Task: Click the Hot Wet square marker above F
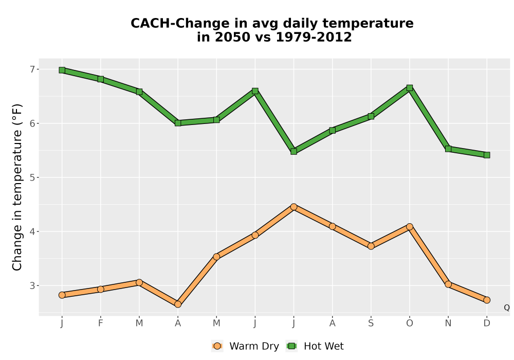pos(101,79)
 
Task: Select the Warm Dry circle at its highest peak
pos(293,207)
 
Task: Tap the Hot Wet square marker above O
pos(410,88)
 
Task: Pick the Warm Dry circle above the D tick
pos(487,300)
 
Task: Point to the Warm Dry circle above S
pos(371,246)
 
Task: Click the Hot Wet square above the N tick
pos(448,149)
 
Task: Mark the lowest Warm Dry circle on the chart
pos(178,304)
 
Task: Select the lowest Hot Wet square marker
pos(487,155)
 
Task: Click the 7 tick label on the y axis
pos(32,69)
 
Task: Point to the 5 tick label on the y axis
pos(32,177)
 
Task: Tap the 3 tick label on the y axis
pos(32,285)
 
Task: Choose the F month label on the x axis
pos(101,323)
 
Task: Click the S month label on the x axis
pos(371,323)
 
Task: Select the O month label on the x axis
pos(410,323)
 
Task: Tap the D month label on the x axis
pos(487,323)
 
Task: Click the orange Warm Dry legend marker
pos(217,346)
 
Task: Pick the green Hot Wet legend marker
pos(291,346)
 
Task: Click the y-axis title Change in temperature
pos(17,187)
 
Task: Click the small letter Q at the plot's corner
pos(507,308)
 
